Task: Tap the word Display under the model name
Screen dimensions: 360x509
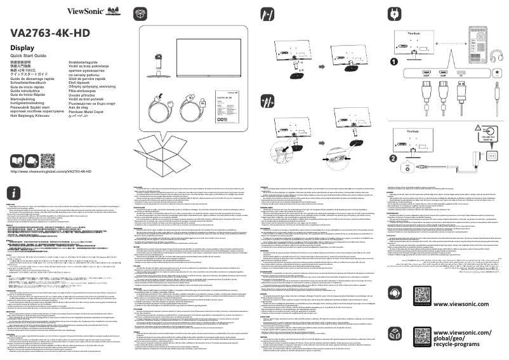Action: (x=22, y=49)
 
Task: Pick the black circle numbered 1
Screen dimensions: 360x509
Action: (x=394, y=62)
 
